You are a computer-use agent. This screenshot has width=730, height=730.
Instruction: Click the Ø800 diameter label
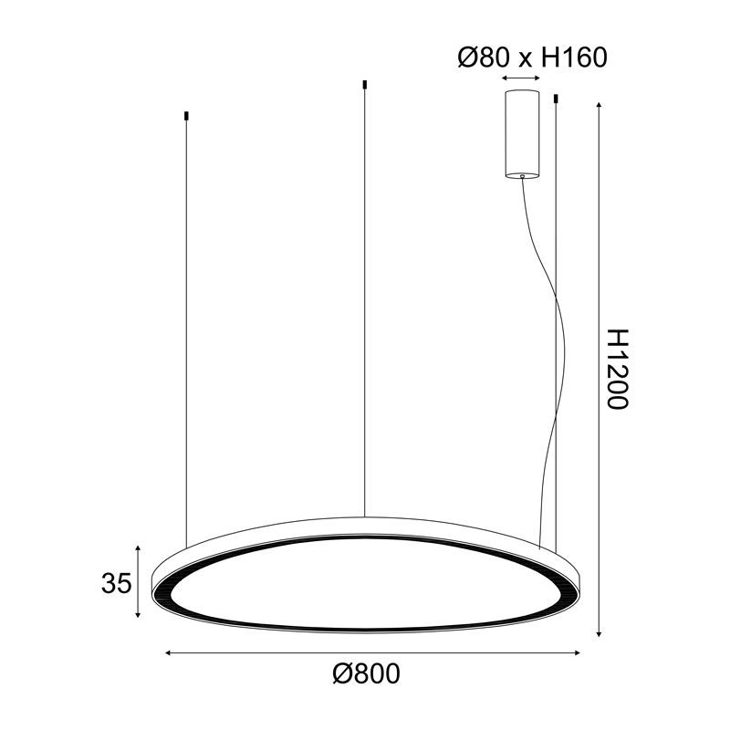[367, 676]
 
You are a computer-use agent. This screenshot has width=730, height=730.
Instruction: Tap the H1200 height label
[618, 369]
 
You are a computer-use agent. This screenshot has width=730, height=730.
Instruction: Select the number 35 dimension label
[115, 582]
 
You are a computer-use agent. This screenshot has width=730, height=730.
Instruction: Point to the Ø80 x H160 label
[531, 57]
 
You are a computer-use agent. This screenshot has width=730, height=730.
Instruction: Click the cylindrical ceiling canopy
[522, 132]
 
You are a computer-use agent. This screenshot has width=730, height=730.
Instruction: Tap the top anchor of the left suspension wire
[187, 116]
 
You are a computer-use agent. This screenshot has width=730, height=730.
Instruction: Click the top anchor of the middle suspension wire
[364, 85]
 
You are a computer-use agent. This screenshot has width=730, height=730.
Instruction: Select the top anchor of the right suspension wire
[556, 97]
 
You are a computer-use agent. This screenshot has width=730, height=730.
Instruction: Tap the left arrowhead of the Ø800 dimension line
[168, 652]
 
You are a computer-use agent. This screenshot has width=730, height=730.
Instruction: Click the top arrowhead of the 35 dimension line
[138, 548]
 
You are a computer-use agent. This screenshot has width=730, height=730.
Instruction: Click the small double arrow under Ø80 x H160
[521, 80]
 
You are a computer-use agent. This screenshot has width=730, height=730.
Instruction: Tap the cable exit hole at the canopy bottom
[522, 176]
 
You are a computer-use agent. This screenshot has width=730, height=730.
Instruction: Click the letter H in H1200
[618, 339]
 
